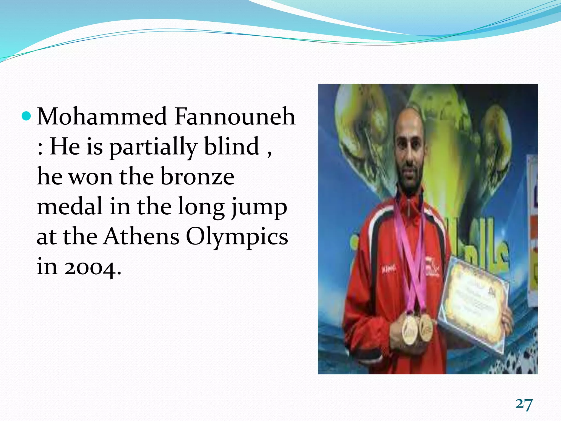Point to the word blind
point(232,146)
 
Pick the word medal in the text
point(70,206)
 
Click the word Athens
point(141,236)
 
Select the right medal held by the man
point(426,328)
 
